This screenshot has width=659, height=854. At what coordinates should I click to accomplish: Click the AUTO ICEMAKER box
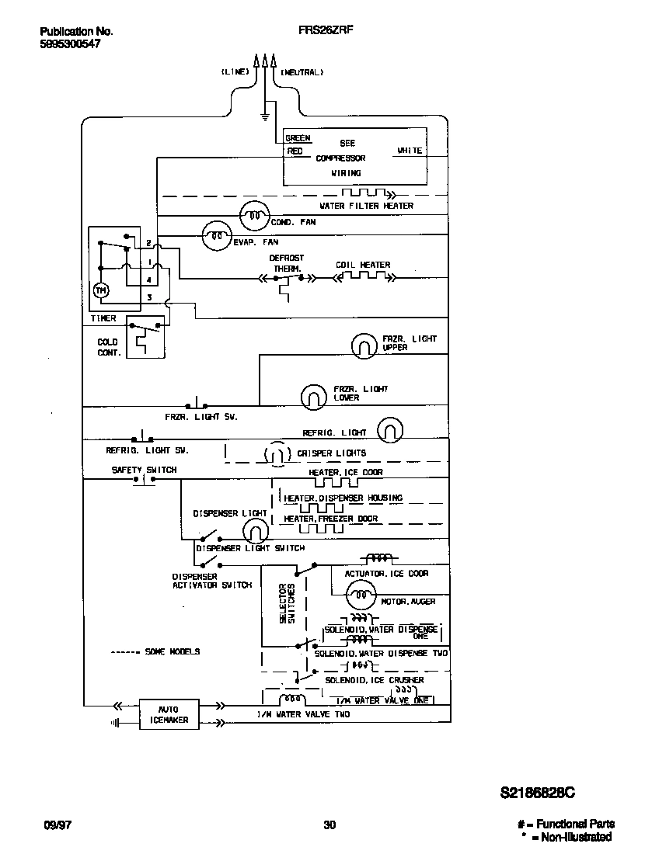(168, 714)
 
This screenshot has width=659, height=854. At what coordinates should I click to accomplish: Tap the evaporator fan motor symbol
(217, 235)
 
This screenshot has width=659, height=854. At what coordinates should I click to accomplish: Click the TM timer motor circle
(101, 290)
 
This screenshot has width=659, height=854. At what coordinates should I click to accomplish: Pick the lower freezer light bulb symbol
(313, 396)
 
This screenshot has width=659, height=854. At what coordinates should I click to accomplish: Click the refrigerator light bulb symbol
(390, 430)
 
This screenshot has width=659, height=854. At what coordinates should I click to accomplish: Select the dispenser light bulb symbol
(255, 531)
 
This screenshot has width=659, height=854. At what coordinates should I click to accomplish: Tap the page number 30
(329, 824)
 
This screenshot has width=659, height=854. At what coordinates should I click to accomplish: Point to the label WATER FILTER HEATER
(366, 206)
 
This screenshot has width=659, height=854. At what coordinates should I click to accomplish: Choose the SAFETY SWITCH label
(144, 470)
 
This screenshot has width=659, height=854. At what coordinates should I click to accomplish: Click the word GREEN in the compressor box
(298, 138)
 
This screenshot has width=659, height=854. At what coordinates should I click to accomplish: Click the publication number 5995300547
(70, 44)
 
